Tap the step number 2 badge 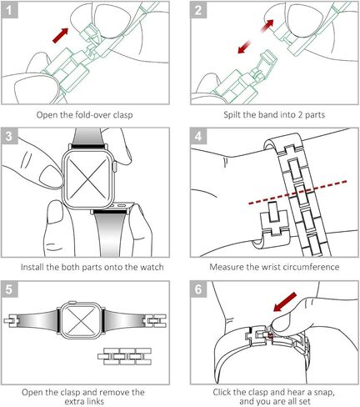tap(199, 12)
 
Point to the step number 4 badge tap(199, 137)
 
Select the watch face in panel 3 tap(88, 180)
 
